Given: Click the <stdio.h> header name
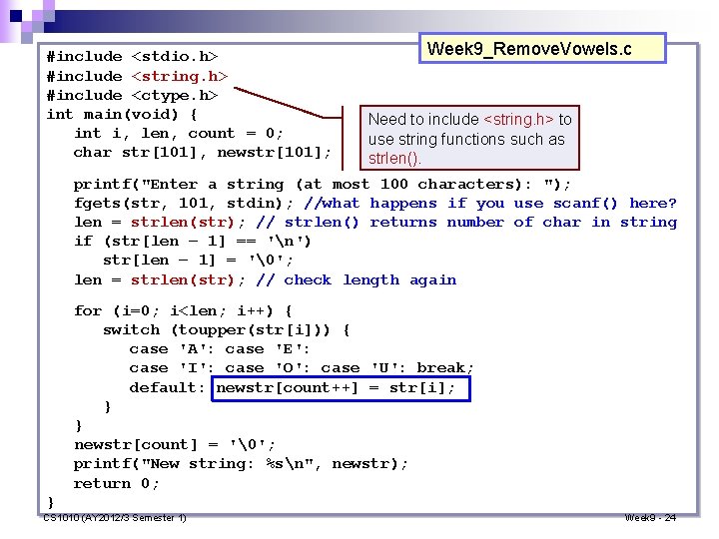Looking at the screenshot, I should click(x=175, y=57).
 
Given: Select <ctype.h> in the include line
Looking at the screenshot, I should click(x=175, y=95).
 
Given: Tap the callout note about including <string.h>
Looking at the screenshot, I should click(x=469, y=139).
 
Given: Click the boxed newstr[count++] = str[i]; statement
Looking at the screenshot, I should click(x=342, y=387).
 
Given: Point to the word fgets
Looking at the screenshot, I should click(x=98, y=204).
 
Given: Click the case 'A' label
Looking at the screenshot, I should click(x=171, y=349).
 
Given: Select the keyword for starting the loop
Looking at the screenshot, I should click(x=88, y=310).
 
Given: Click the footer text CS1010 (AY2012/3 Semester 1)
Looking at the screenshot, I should click(x=115, y=518).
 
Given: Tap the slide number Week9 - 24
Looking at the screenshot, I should click(x=650, y=518).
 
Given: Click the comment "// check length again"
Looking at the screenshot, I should click(x=357, y=280).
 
